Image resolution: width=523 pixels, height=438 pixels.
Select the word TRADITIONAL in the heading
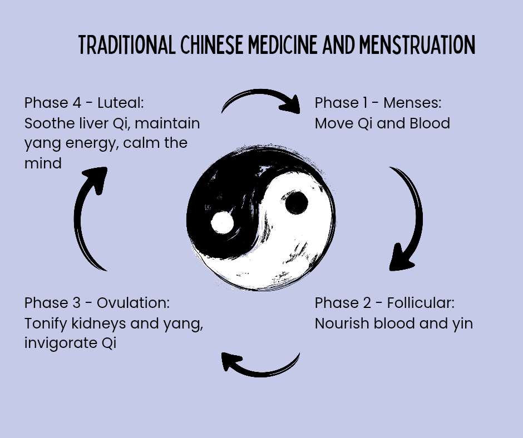(x=128, y=45)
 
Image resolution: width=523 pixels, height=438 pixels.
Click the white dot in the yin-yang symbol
(x=223, y=222)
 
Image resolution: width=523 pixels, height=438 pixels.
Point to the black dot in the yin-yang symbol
(x=296, y=203)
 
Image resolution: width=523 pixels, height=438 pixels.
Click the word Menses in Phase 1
(x=410, y=103)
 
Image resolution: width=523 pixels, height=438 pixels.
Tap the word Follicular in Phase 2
(x=422, y=303)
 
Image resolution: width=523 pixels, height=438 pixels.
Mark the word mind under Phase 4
(x=43, y=163)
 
